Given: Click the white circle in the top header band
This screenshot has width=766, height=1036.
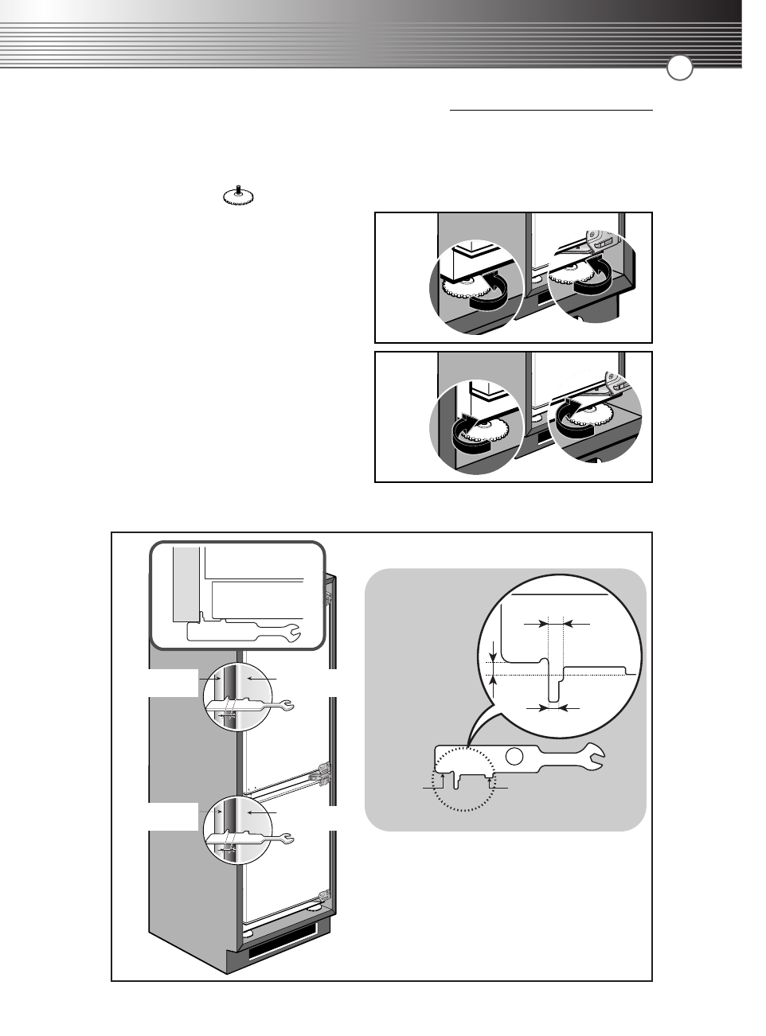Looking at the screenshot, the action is (x=679, y=68).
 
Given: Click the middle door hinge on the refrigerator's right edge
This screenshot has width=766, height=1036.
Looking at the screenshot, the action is (x=322, y=774).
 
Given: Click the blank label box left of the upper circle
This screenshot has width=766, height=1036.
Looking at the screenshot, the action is (x=173, y=683).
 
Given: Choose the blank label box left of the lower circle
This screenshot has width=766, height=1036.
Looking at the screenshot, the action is (x=173, y=816).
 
